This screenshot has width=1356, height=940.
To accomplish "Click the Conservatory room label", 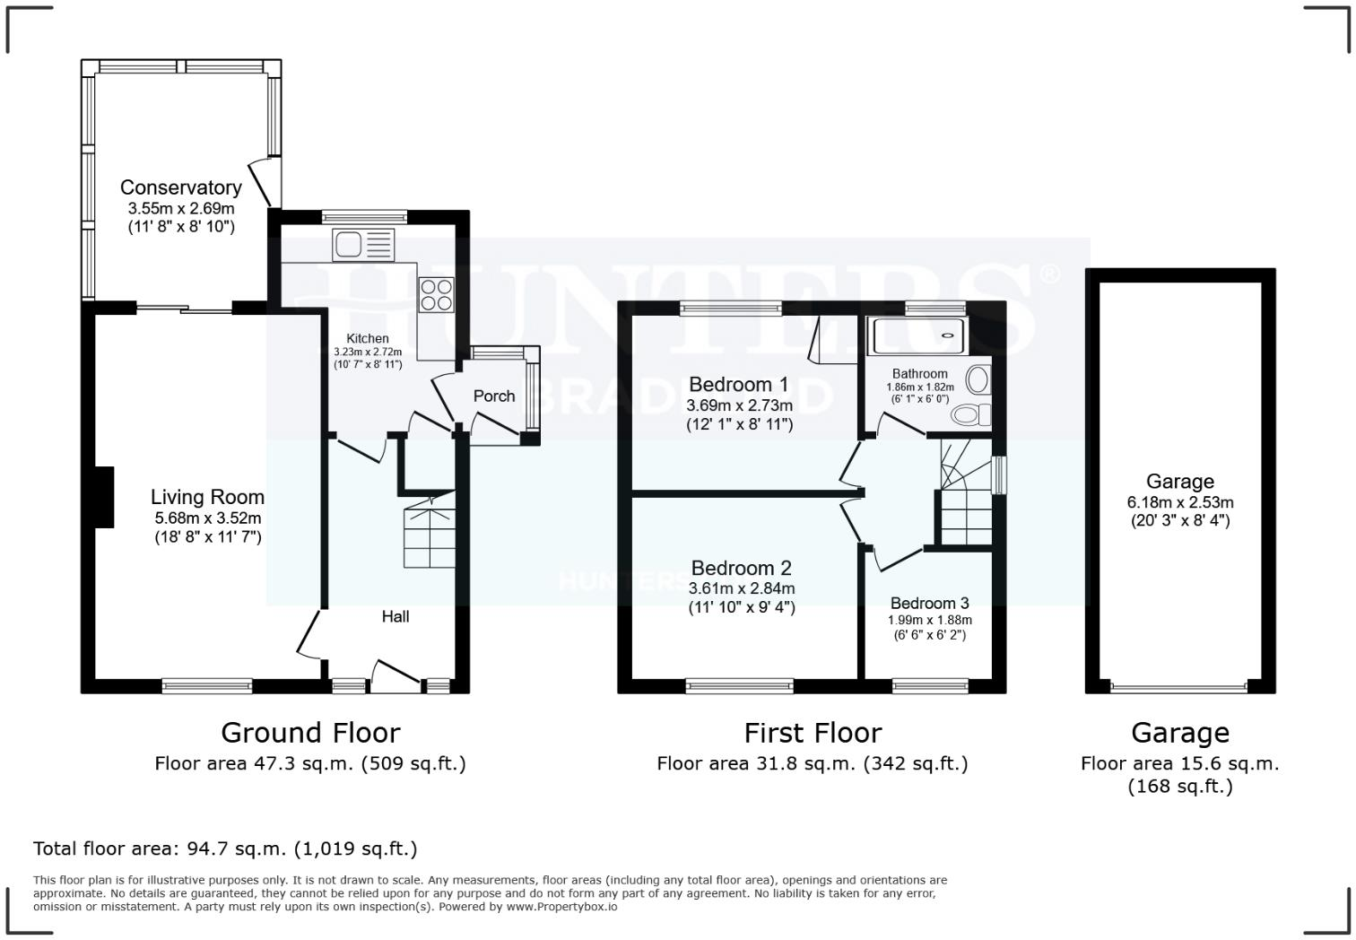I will click(180, 187).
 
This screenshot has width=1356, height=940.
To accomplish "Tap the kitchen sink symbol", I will click(362, 244).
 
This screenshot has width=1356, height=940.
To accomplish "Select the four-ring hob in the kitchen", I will click(437, 294).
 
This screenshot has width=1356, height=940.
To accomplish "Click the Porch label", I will click(493, 396).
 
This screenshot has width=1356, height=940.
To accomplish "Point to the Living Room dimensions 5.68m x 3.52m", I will click(207, 518).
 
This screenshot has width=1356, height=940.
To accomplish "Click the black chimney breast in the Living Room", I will click(104, 496).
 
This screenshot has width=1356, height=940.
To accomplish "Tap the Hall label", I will click(395, 616).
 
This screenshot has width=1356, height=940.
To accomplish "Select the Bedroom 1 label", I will click(738, 385).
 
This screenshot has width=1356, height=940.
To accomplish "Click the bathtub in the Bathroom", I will click(916, 335).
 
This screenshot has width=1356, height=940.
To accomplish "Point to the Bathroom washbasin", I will click(978, 379).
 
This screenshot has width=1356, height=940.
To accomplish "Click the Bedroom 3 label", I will click(929, 603).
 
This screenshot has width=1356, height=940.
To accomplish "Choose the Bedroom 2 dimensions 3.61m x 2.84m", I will click(741, 588).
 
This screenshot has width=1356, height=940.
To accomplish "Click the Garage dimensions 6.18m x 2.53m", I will click(1179, 502).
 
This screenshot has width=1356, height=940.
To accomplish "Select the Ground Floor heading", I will click(310, 733).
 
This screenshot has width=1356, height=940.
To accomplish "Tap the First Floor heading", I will click(813, 733).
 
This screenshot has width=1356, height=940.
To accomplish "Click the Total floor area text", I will click(225, 848).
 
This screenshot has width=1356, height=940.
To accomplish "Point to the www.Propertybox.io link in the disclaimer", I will click(561, 906).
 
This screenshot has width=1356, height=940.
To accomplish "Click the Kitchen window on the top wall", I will click(363, 215).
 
